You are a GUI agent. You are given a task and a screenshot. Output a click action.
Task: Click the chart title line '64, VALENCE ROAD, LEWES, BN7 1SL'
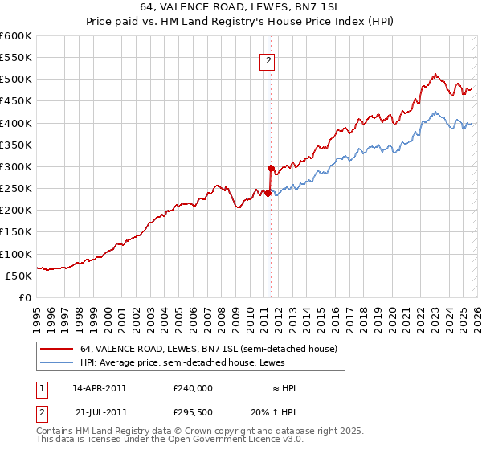click(240, 6)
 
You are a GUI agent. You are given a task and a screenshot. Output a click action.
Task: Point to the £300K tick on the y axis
click(16, 166)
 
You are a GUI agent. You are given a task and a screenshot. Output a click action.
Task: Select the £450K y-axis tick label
click(16, 101)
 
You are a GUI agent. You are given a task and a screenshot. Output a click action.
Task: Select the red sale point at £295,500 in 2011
click(271, 169)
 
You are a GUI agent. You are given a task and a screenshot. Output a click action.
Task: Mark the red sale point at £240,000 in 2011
click(268, 193)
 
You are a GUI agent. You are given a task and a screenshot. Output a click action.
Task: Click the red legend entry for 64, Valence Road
click(212, 349)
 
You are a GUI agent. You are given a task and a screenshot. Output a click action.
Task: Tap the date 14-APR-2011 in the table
click(99, 387)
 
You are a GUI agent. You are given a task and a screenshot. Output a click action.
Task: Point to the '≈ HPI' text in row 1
click(284, 387)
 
